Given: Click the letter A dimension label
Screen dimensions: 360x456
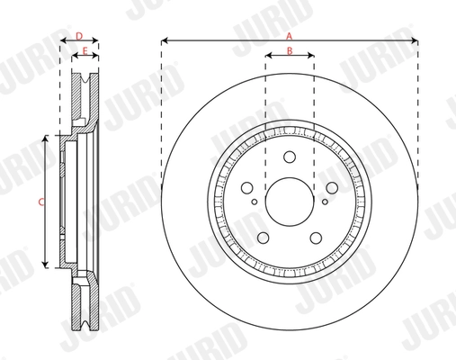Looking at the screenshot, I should [289, 34].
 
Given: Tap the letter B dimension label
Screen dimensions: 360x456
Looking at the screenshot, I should [289, 50].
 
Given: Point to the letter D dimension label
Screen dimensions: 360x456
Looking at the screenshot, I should [79, 35].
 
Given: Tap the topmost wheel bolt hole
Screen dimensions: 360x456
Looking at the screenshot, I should [290, 157].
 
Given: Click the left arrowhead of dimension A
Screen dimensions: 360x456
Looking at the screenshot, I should [165, 40].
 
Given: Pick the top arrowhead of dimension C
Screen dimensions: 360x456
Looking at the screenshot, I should [45, 140].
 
